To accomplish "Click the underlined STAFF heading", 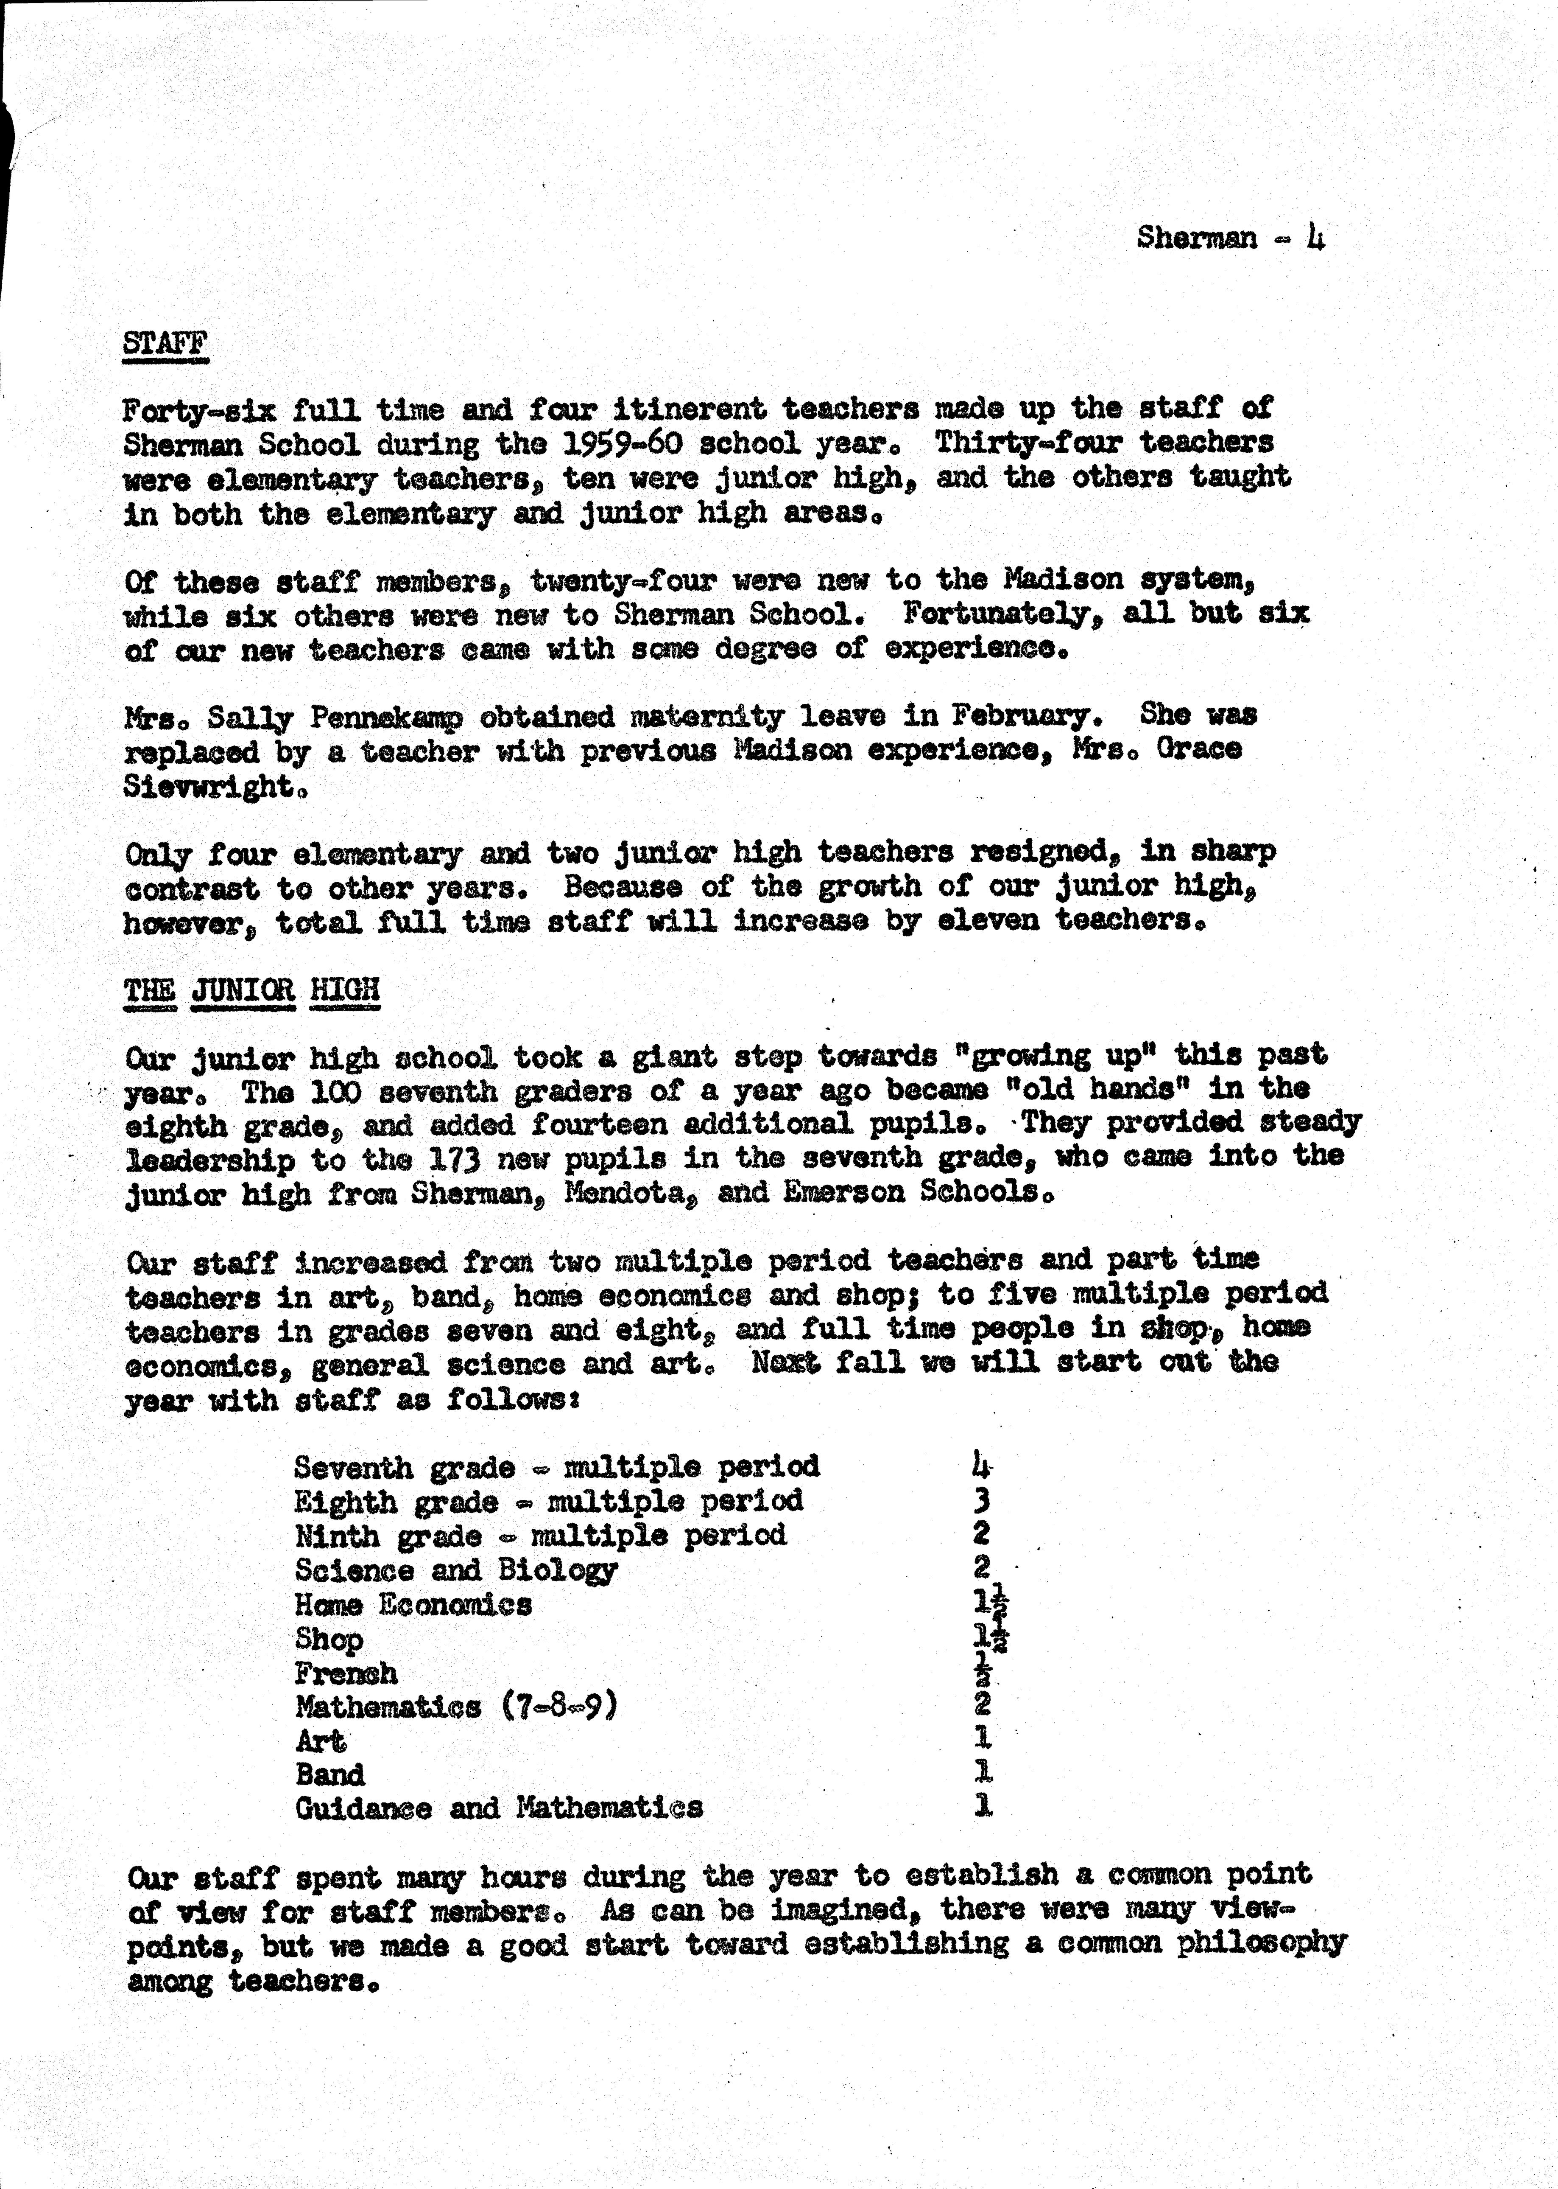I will click(x=165, y=342).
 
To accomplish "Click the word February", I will click(x=1021, y=715).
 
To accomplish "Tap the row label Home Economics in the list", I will click(x=413, y=1603).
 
